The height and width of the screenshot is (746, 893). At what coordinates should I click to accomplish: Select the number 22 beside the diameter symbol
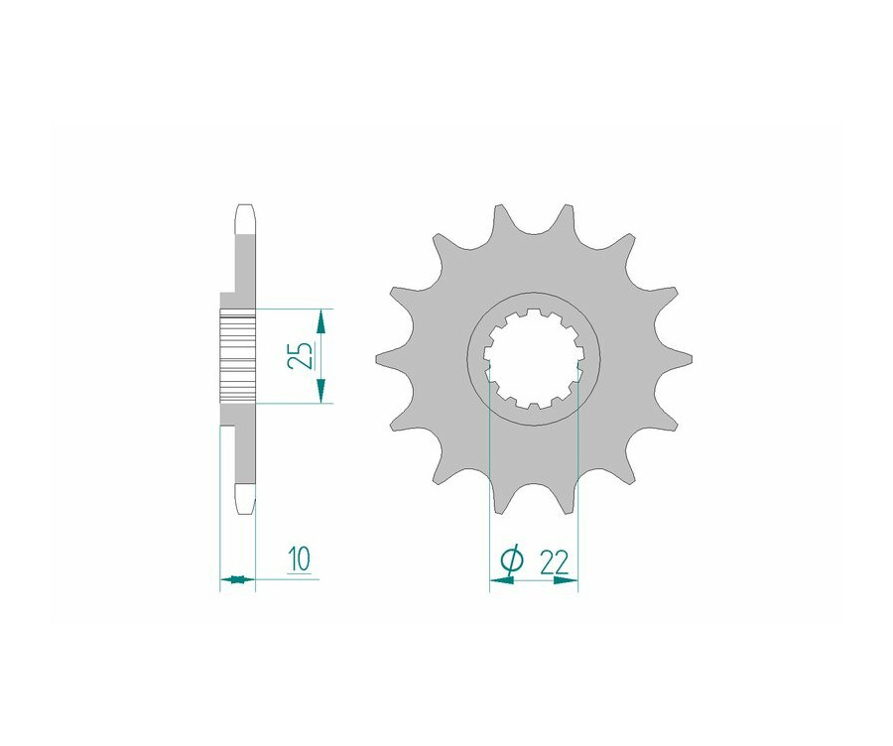click(x=554, y=561)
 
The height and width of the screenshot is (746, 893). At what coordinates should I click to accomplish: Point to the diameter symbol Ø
click(x=510, y=562)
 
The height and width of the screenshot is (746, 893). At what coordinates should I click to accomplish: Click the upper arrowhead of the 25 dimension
click(x=319, y=319)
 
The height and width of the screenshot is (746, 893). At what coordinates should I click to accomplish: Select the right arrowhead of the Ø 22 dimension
click(x=566, y=581)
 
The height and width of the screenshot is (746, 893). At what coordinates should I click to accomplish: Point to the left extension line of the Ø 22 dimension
click(x=490, y=496)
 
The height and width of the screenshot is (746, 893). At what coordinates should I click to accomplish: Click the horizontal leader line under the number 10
click(x=288, y=579)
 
